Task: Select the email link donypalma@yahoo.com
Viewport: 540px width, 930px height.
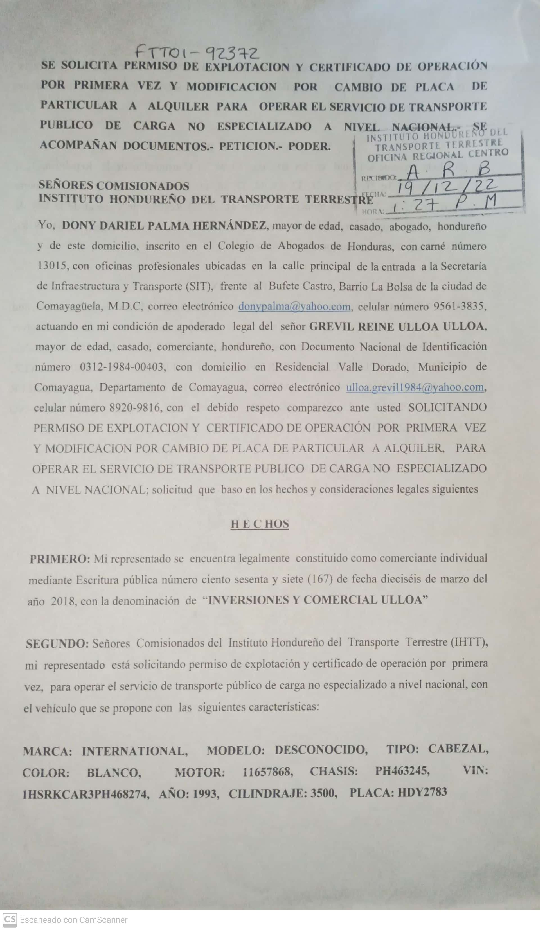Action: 294,307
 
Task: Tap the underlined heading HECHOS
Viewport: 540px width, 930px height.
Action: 260,524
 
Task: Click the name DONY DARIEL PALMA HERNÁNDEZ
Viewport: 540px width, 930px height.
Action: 164,226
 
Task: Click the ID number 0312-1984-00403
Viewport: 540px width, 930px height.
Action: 121,367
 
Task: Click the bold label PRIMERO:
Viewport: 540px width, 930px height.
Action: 59,559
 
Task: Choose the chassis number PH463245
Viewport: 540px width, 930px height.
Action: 402,771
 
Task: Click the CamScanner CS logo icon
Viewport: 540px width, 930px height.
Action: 10,920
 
